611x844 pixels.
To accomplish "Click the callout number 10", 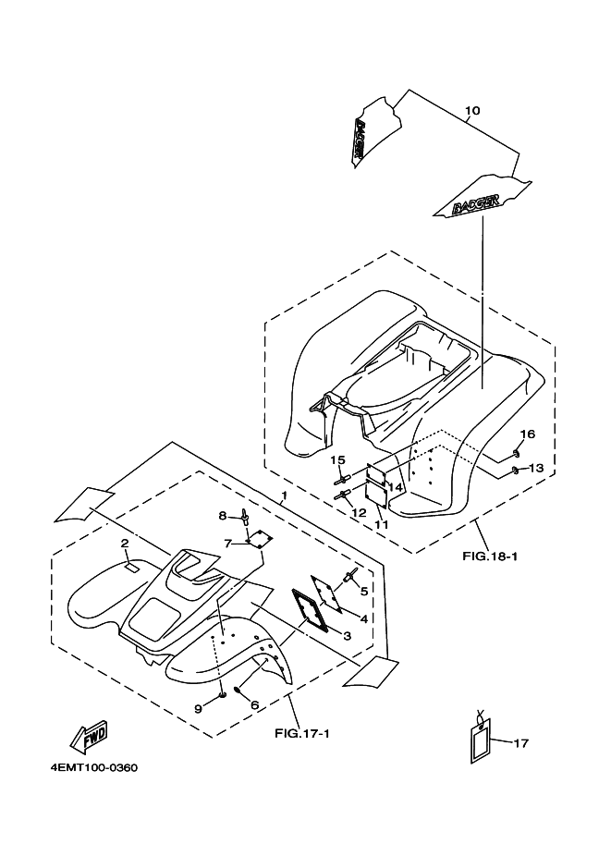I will point(471,112).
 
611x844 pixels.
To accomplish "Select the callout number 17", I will point(520,741).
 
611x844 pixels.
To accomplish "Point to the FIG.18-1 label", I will point(489,557).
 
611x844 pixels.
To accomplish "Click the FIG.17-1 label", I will point(302,734).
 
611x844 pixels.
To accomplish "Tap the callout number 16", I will point(526,434).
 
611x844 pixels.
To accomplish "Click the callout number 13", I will point(535,469).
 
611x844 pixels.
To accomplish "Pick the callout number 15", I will point(337,459).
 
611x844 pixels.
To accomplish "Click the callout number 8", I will point(223,515).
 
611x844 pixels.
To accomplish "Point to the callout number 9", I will point(198,708).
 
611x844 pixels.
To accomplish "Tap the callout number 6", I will point(254,704).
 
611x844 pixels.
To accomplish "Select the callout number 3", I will point(348,636).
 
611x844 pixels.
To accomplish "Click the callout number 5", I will point(364,591).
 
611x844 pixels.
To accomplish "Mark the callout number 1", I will point(284,496).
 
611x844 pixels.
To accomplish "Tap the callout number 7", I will point(227,543).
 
